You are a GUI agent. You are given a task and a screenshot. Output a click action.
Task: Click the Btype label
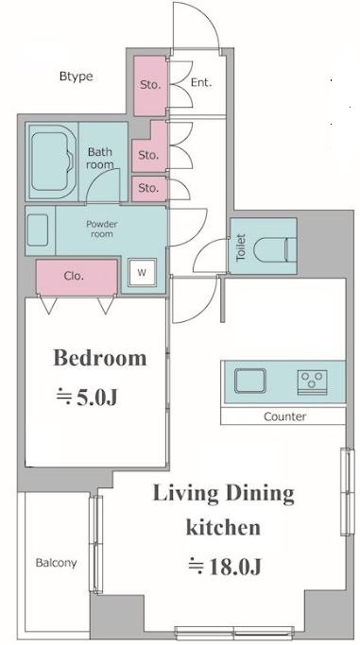77,76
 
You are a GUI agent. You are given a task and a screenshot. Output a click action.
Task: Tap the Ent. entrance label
201,83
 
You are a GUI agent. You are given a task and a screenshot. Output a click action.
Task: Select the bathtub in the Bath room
52,162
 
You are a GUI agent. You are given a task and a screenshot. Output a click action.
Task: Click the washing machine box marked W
142,272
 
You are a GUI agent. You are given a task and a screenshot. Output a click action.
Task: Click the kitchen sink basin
250,381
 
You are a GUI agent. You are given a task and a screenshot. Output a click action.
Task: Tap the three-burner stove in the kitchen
312,382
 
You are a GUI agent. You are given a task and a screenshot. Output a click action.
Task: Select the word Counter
284,416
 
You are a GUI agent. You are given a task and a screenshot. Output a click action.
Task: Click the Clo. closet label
74,276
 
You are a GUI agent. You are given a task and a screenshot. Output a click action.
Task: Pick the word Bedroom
100,358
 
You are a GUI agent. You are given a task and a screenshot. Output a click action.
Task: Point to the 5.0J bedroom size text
87,398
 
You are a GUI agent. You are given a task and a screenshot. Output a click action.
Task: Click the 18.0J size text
225,567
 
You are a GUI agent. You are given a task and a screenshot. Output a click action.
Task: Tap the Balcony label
56,563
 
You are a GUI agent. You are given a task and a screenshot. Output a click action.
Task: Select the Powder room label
102,229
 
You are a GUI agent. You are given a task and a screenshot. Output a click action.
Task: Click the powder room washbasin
38,229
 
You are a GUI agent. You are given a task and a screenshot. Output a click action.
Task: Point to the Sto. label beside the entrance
149,85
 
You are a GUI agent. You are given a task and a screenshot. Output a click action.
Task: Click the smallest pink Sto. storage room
149,189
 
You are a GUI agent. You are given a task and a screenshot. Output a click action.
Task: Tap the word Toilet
241,246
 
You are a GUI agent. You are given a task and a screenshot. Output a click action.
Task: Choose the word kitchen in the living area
223,528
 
